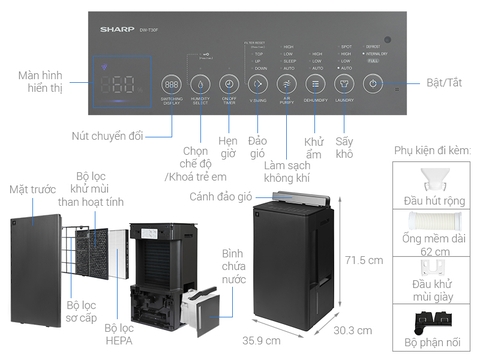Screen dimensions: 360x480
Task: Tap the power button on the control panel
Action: click(x=372, y=84)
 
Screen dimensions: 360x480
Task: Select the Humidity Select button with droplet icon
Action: click(x=199, y=84)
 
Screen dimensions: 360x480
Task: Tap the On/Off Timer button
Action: click(x=228, y=84)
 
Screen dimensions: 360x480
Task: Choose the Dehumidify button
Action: click(x=315, y=84)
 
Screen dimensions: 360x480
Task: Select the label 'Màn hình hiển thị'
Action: click(x=41, y=83)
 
